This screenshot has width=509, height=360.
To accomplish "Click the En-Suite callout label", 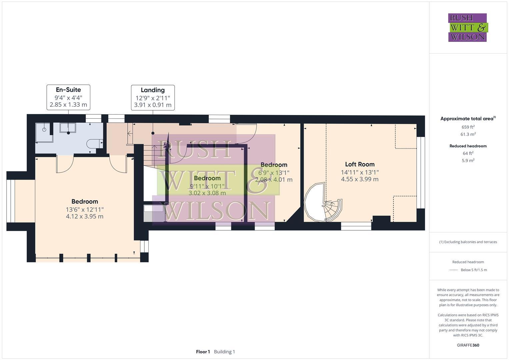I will (68, 97).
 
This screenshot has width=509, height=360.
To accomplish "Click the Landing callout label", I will (153, 97).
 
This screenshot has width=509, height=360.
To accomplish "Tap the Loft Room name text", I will (360, 164).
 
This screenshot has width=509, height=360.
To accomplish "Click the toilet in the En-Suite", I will (92, 144).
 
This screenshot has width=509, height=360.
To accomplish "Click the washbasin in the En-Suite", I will (68, 129).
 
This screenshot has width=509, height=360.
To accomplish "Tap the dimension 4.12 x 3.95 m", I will (85, 216).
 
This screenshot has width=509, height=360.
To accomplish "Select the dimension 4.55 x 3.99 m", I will (360, 179).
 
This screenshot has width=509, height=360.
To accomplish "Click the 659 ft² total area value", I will (468, 127).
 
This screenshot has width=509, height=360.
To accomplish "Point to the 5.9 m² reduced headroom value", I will (468, 160).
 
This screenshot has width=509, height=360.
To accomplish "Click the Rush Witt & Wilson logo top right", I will (467, 27).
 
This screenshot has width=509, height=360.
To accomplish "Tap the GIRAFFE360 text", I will (468, 345).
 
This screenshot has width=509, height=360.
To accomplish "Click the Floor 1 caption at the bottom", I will (203, 352).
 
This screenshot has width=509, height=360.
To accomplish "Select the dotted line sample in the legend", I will (453, 270).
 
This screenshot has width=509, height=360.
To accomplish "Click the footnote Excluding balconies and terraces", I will (468, 242).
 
